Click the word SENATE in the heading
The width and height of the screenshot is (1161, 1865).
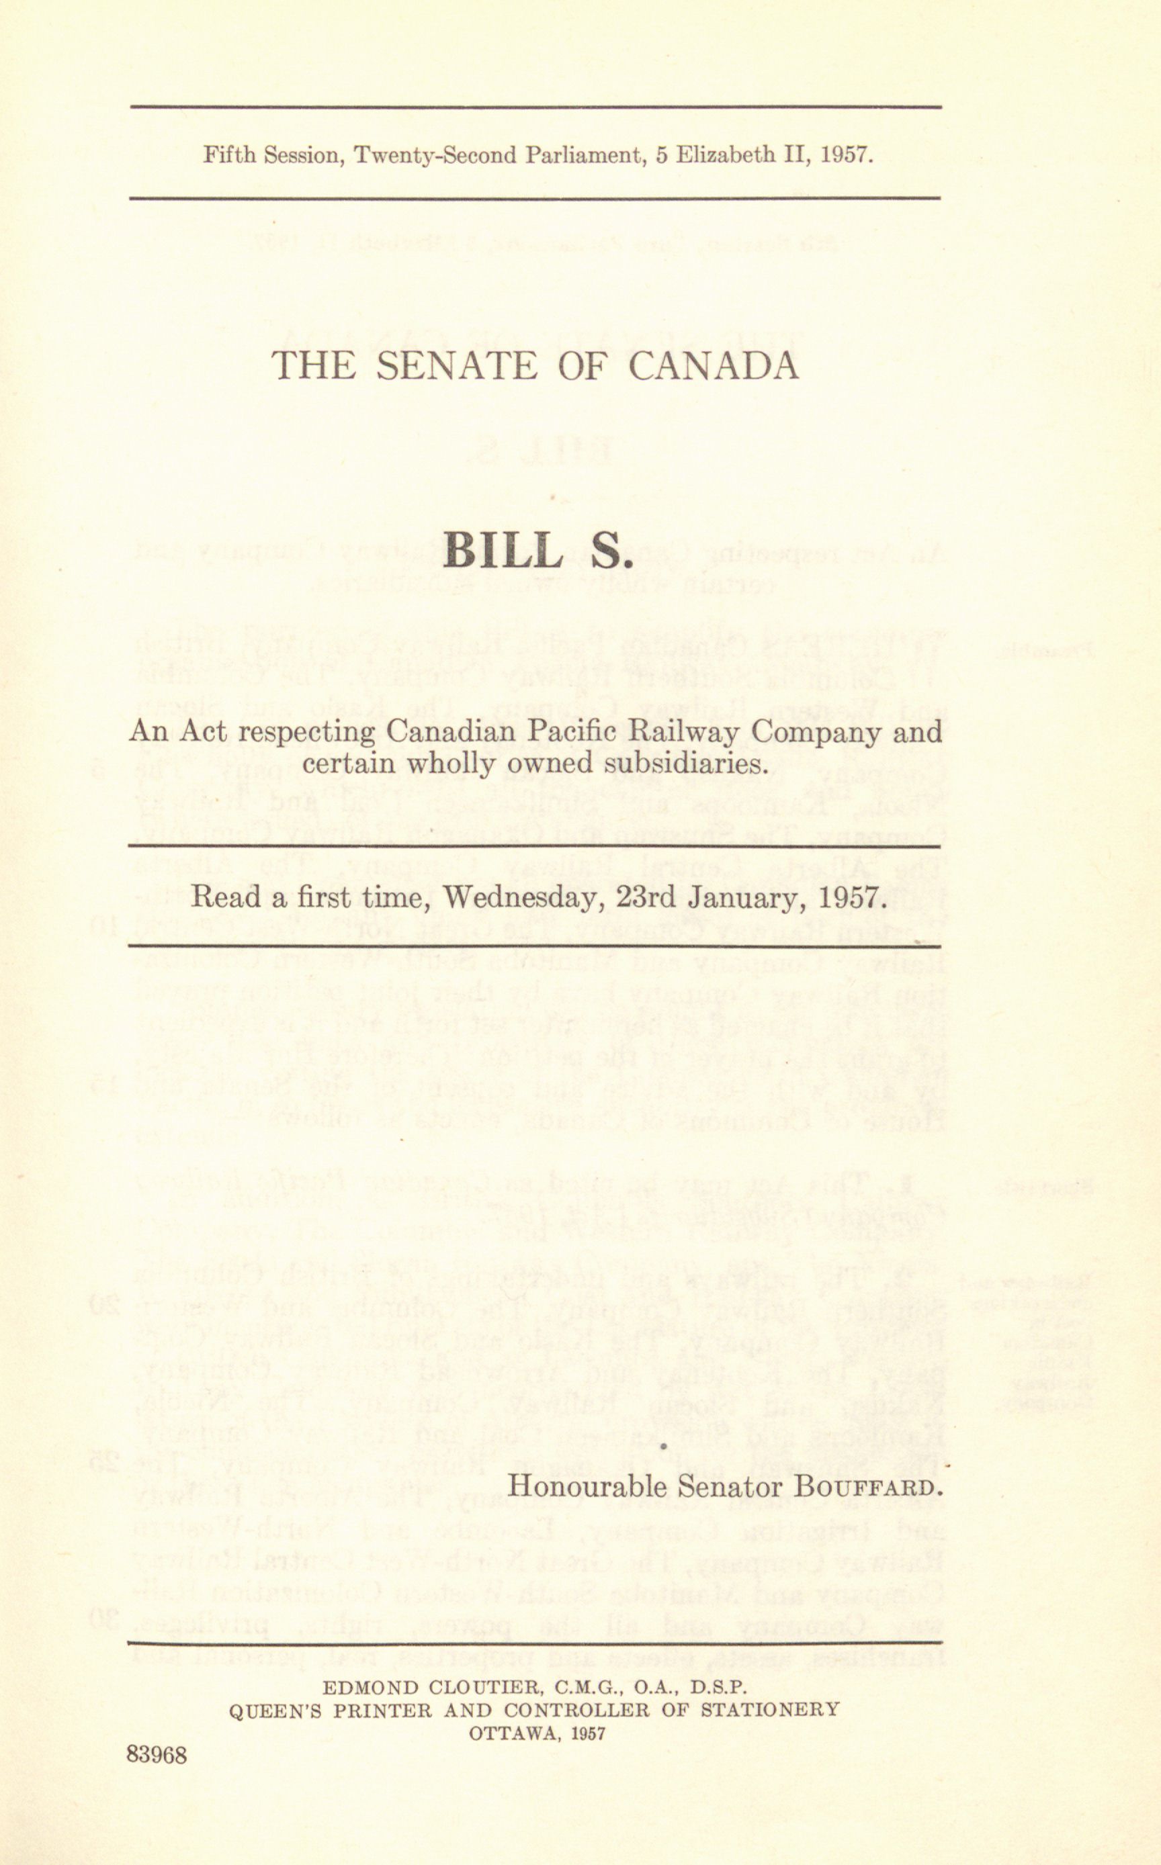[x=459, y=365]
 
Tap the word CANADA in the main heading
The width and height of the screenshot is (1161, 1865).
[x=714, y=365]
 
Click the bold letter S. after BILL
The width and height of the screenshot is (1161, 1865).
[x=613, y=548]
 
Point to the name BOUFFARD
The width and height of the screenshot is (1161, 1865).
[x=867, y=1488]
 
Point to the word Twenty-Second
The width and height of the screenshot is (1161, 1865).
[x=435, y=156]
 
